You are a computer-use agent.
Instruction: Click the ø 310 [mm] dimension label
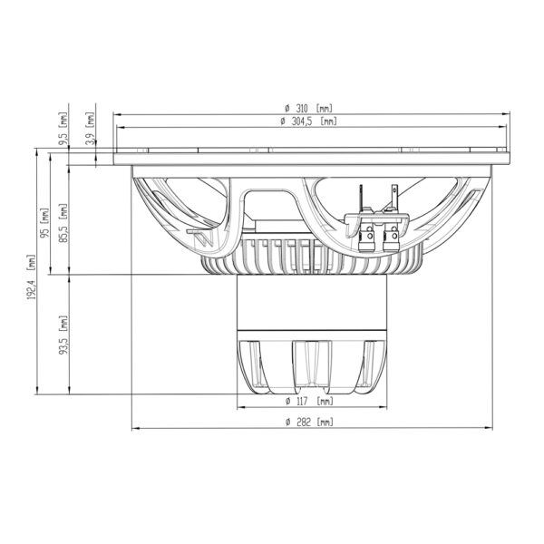[x=308, y=109]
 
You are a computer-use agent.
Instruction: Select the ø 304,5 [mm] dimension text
[x=308, y=121]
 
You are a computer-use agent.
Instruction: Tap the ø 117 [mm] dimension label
[x=309, y=401]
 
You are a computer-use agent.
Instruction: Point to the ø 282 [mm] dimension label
[x=309, y=423]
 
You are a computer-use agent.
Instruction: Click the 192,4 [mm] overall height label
[x=32, y=277]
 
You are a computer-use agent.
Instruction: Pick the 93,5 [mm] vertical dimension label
[x=63, y=335]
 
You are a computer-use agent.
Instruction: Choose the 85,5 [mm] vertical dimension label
[x=63, y=223]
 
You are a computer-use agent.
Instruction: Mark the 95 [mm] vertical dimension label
[x=45, y=223]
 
